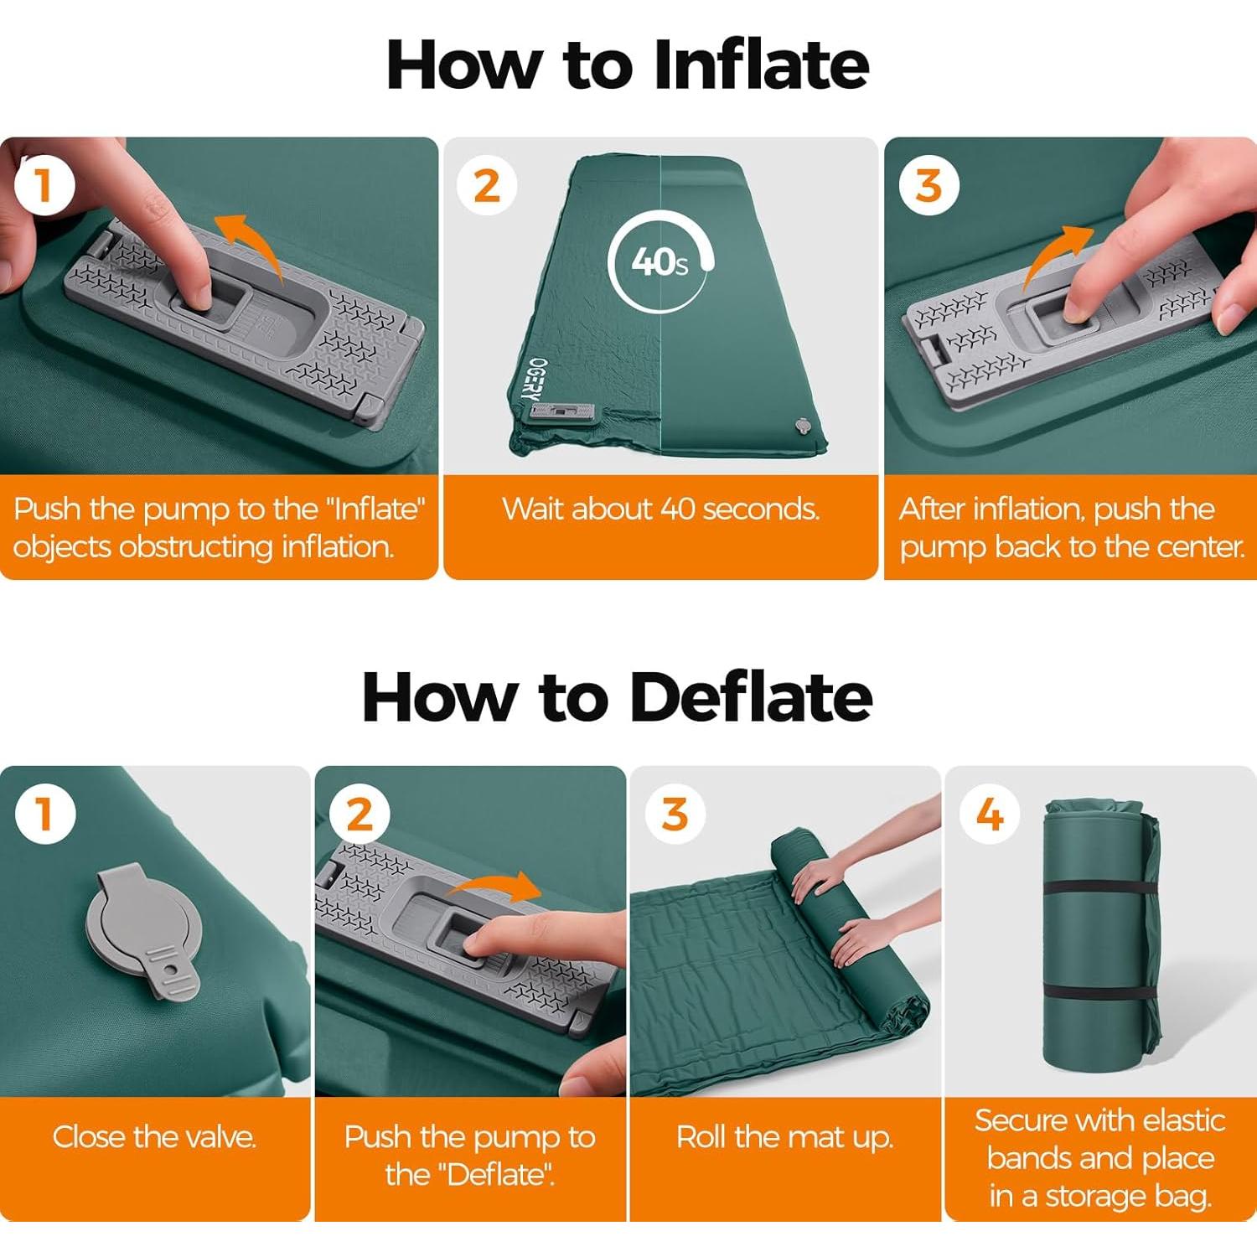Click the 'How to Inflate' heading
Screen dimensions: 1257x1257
click(x=627, y=65)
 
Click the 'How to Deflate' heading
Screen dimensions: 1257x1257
click(x=617, y=697)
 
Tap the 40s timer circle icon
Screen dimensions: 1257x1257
click(x=661, y=262)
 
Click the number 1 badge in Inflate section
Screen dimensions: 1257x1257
click(x=44, y=186)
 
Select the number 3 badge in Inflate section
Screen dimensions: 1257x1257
click(x=929, y=185)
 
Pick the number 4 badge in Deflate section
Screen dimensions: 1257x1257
click(x=990, y=814)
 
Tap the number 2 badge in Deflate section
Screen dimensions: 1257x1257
click(x=360, y=814)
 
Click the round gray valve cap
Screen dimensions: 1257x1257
click(x=143, y=923)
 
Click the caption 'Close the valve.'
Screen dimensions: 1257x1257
click(x=154, y=1137)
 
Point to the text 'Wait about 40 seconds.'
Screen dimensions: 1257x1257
click(x=660, y=509)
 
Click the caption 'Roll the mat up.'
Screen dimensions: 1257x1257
click(x=785, y=1137)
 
